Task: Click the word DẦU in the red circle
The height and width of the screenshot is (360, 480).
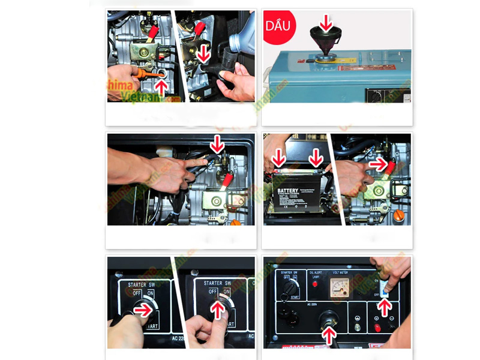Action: [277, 26]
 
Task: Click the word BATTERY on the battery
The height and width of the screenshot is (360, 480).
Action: [288, 191]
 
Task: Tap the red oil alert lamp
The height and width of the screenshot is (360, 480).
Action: [313, 283]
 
